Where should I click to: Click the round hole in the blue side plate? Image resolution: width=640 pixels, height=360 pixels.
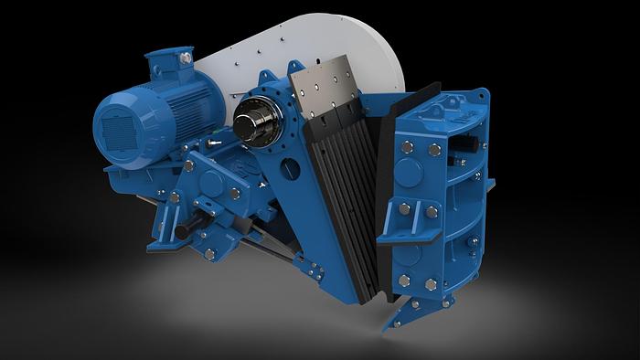289,168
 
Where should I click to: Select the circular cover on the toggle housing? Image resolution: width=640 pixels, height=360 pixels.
213,182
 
